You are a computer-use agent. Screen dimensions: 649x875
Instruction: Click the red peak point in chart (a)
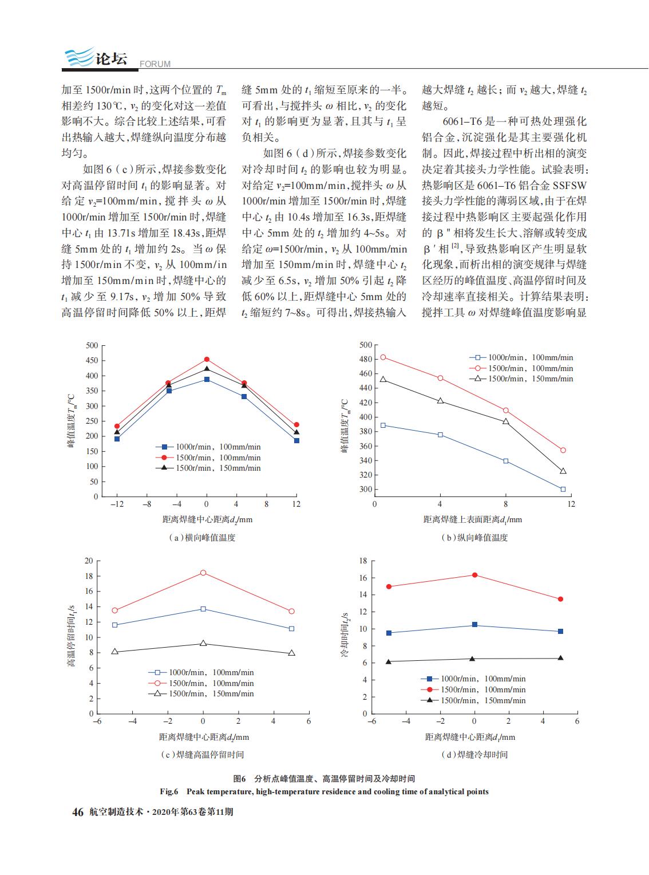point(207,360)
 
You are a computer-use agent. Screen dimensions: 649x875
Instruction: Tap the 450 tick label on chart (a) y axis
point(92,361)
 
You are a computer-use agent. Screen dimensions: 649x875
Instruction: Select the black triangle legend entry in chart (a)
point(208,468)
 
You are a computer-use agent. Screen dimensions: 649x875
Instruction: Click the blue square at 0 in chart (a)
point(207,380)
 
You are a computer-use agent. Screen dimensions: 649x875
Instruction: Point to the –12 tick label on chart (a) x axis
point(117,504)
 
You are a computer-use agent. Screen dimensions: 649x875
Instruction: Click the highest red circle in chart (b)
point(383,357)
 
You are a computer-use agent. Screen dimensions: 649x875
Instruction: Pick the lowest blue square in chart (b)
point(563,490)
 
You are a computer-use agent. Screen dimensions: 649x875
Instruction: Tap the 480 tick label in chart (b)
point(366,360)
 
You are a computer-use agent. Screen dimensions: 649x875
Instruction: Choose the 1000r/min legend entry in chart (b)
point(521,358)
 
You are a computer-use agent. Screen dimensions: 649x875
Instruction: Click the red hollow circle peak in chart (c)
point(203,573)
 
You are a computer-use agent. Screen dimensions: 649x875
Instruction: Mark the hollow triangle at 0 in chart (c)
point(203,644)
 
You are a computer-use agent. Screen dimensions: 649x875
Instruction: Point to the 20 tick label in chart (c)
point(89,561)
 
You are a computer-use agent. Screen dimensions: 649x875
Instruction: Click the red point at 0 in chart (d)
point(474,575)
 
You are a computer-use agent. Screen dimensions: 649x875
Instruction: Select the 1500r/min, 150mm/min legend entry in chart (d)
point(473,701)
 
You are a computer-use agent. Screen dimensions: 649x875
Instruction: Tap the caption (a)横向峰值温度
point(202,538)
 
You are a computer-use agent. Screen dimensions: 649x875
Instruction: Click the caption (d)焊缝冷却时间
point(474,755)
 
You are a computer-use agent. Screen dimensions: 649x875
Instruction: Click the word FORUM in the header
point(155,64)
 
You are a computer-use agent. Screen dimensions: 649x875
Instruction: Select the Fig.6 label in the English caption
point(169,791)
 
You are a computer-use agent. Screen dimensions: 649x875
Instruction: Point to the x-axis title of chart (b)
point(472,519)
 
